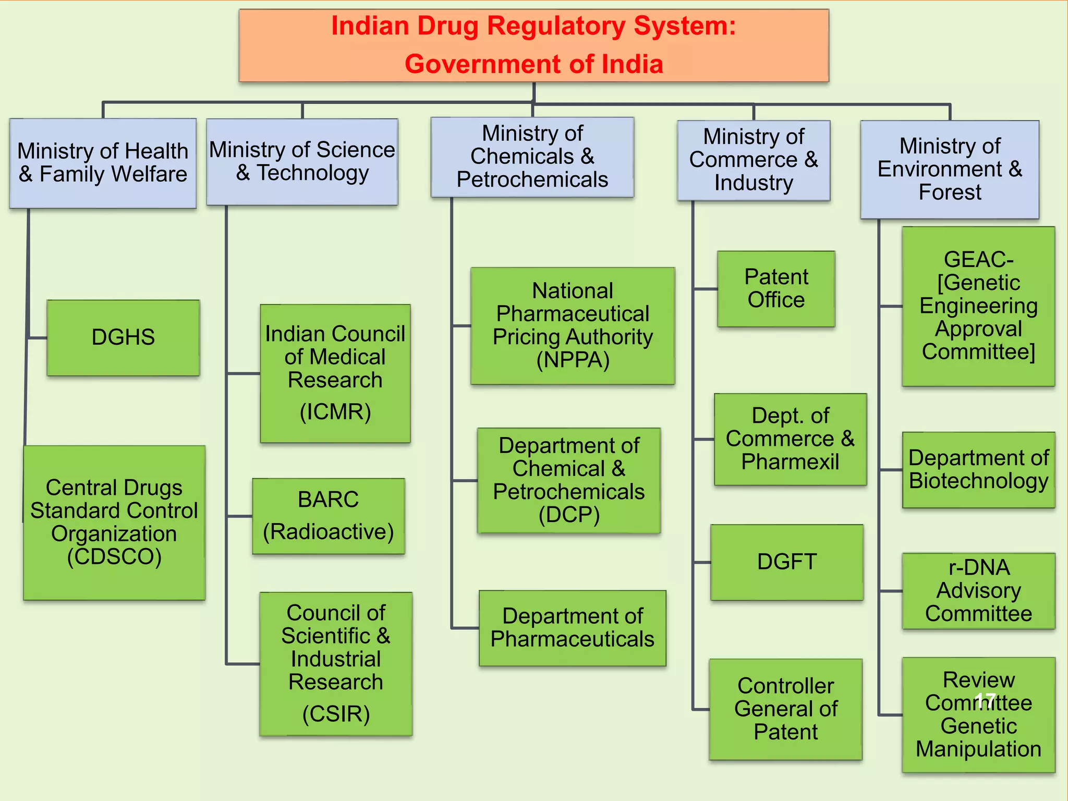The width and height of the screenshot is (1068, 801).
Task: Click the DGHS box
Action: [x=123, y=338]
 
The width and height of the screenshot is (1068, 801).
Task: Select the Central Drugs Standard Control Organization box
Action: [x=114, y=523]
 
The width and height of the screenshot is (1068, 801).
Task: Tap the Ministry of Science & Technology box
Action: [x=302, y=162]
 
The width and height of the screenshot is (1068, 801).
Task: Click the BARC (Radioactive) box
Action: [x=329, y=516]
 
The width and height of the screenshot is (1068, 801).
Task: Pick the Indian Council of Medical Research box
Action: [x=335, y=373]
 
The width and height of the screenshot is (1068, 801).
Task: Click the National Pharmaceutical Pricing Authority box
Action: [x=573, y=326]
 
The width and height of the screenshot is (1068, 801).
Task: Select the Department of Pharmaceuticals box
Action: [x=573, y=628]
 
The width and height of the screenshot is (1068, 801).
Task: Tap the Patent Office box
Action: [x=776, y=289]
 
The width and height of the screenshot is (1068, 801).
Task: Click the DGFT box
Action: [x=786, y=562]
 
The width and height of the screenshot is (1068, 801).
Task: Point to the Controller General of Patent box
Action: [x=785, y=709]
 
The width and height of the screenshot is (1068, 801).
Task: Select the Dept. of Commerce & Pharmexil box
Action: [x=790, y=439]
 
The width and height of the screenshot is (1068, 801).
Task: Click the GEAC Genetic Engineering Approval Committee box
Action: [x=978, y=306]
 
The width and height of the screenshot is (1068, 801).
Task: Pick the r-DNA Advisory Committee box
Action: [x=978, y=591]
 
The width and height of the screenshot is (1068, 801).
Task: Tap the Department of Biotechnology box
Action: [x=978, y=469]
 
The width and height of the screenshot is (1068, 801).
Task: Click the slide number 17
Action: [x=985, y=700]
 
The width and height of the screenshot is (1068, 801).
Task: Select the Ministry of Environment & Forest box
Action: [x=950, y=169]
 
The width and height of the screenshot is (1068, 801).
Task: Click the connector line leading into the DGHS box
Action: [x=37, y=338]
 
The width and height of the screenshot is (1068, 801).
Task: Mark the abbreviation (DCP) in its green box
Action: [x=569, y=515]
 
